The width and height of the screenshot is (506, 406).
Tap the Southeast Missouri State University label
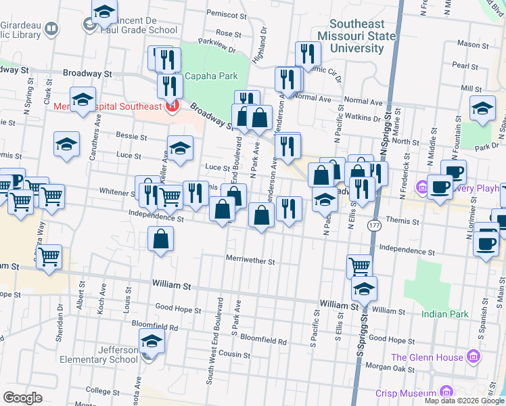pos(357,35)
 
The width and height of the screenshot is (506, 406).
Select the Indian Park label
pos(444,314)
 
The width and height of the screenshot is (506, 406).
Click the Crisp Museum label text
pos(407,392)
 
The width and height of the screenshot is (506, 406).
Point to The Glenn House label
pos(426,357)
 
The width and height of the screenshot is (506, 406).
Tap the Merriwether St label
pos(250,261)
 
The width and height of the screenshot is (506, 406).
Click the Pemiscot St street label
pos(226,14)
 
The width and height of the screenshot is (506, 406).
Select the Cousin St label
pos(234,355)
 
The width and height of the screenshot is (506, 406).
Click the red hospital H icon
pos(172,106)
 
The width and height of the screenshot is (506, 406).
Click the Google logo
pos(23,398)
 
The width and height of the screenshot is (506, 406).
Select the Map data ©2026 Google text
pos(463,401)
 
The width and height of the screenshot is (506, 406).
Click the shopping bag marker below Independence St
pos(160,239)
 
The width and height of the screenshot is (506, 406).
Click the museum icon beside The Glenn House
pos(473,357)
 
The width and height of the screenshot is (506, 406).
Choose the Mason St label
pos(467,43)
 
